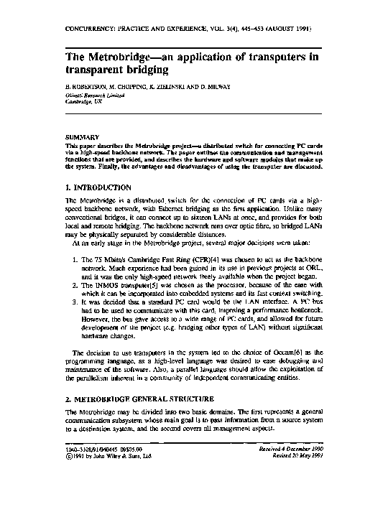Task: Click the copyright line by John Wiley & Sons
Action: click(x=103, y=455)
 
